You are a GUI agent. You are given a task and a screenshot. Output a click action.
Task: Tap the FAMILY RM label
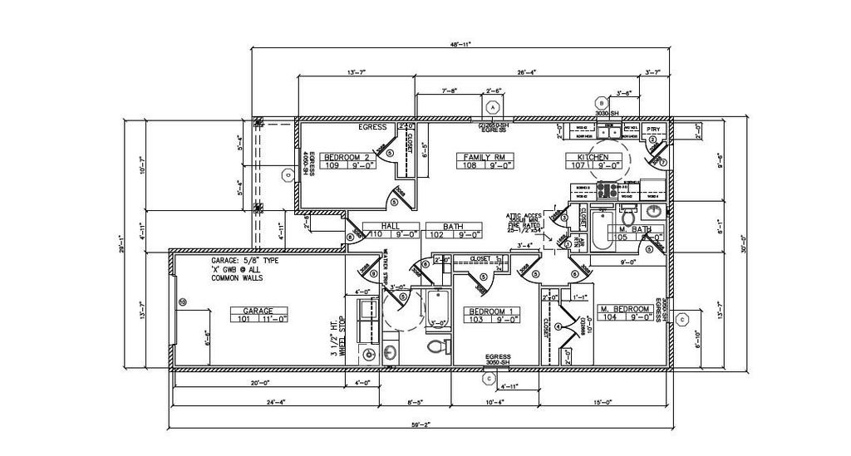pos(479,157)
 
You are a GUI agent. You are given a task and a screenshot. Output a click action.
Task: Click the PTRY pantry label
pos(653,130)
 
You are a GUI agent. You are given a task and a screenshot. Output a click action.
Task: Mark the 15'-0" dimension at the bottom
pos(603,402)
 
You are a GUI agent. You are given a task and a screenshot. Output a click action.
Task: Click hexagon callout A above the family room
pos(492,108)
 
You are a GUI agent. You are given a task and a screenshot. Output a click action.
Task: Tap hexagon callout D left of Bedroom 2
pos(287,174)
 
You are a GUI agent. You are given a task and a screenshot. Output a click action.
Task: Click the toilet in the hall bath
pos(432,346)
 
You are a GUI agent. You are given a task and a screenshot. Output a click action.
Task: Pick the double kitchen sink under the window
pos(610,131)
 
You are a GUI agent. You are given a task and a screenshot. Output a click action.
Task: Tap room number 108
pos(470,165)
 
